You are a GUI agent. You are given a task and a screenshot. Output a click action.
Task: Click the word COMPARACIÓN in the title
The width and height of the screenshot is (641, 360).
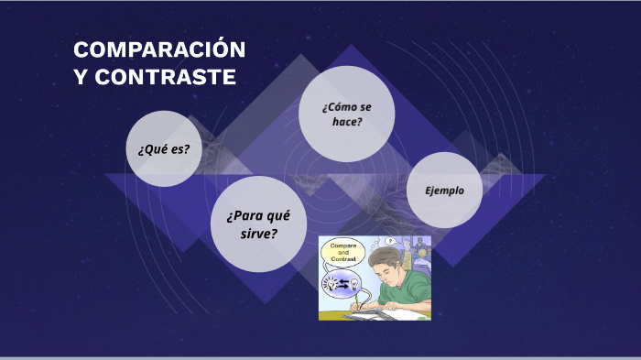tap(159, 50)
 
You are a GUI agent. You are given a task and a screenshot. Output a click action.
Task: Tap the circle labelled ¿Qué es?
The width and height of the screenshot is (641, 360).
tap(163, 148)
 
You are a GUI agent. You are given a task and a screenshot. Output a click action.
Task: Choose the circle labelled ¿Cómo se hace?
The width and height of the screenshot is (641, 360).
tap(347, 114)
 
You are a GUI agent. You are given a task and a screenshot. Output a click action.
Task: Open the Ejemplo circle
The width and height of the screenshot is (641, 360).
tap(444, 191)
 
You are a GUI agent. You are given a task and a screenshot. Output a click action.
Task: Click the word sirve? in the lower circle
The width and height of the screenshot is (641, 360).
tap(258, 234)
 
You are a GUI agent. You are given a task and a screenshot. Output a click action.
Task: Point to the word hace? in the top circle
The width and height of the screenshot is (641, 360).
tap(348, 122)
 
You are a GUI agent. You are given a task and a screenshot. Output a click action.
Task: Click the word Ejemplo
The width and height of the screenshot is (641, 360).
tap(444, 191)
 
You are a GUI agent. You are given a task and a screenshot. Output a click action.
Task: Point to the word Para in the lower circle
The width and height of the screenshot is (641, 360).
tap(246, 216)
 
